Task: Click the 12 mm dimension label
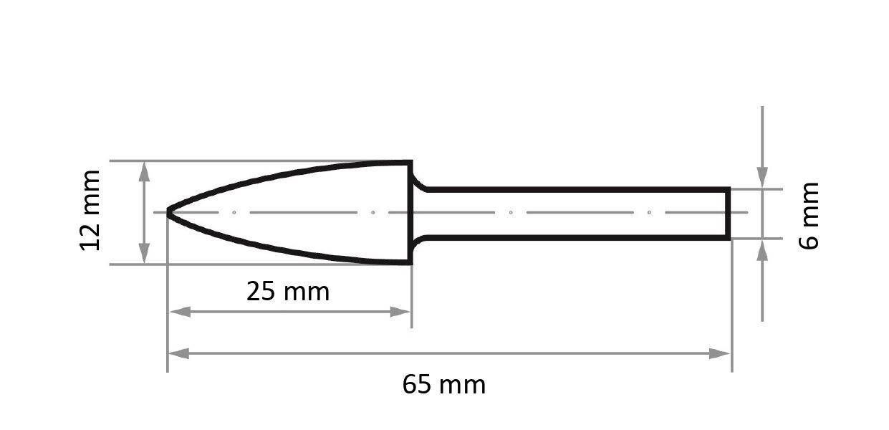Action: pyautogui.click(x=90, y=211)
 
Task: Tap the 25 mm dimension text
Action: pyautogui.click(x=288, y=292)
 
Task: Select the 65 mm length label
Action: pyautogui.click(x=443, y=385)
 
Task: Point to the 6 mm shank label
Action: pyautogui.click(x=809, y=215)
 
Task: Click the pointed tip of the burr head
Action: pyautogui.click(x=169, y=212)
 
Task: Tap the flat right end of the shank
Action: pyautogui.click(x=729, y=213)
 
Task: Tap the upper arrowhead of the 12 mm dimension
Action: pyautogui.click(x=145, y=171)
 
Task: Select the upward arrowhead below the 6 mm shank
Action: pyautogui.click(x=762, y=250)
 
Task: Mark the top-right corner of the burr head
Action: pyautogui.click(x=410, y=163)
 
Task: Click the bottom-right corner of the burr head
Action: pyautogui.click(x=410, y=262)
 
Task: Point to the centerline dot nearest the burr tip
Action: pyautogui.click(x=234, y=212)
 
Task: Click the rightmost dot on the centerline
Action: pyautogui.click(x=649, y=212)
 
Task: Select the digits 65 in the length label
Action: pyautogui.click(x=417, y=385)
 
